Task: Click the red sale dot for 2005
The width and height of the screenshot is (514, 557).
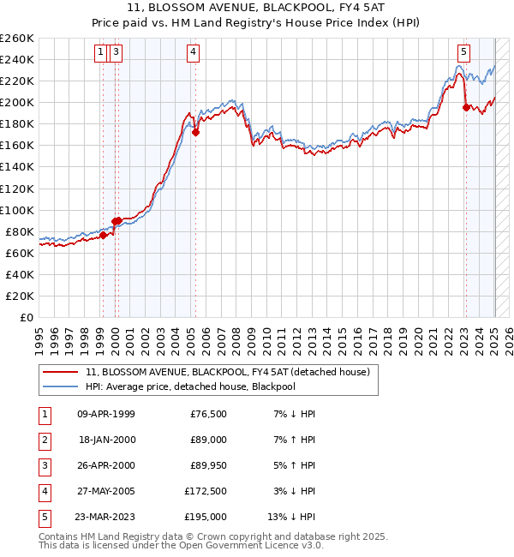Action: point(195,132)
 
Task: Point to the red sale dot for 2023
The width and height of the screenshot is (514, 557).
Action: point(466,107)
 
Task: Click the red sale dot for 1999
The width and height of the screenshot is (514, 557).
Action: point(103,235)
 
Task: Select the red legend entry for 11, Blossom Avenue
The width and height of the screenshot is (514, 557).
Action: point(227,372)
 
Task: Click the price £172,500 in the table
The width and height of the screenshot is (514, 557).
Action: point(205,491)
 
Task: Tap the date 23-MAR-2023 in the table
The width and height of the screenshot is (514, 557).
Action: point(106,517)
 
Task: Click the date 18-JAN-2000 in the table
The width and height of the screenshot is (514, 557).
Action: point(106,440)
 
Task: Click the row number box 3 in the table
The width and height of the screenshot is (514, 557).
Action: point(43,465)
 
